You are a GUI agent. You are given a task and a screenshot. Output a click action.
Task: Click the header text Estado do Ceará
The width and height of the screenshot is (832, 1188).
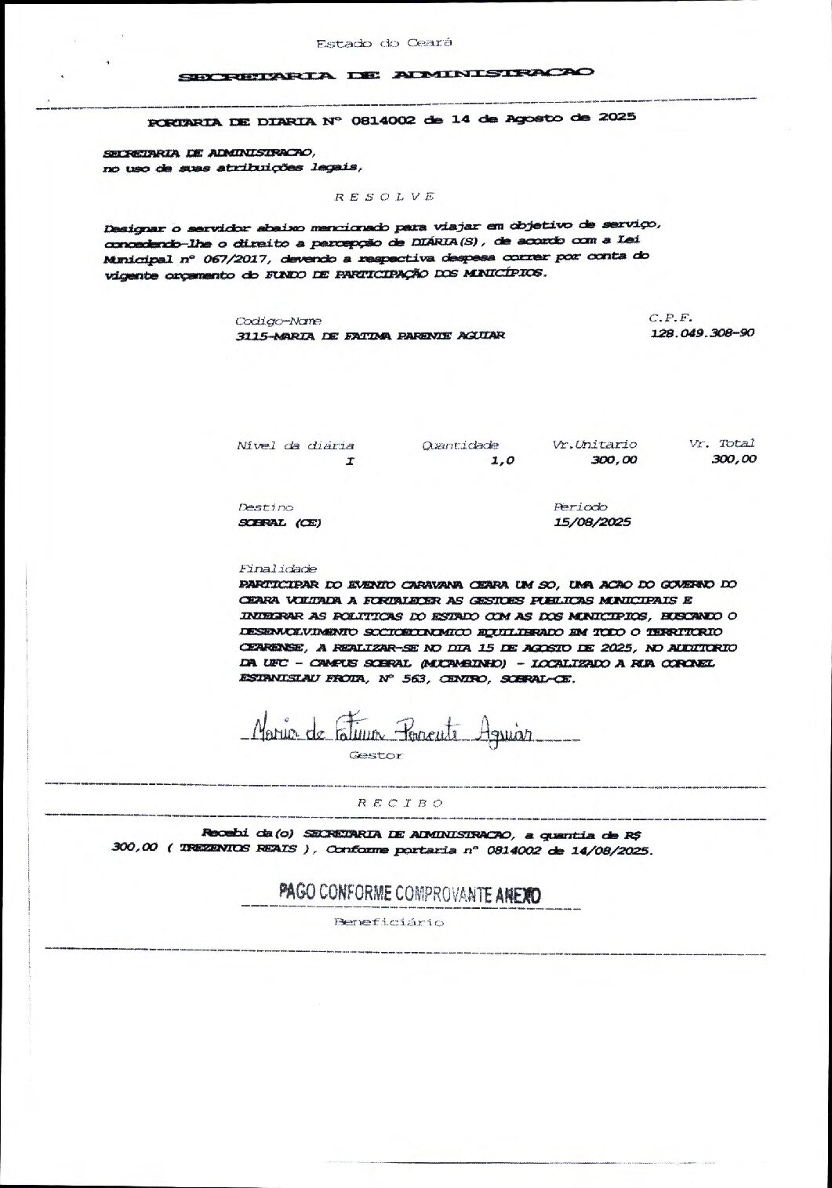tap(384, 43)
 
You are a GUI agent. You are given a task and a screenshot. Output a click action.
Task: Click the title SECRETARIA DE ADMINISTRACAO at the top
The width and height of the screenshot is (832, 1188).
tap(386, 75)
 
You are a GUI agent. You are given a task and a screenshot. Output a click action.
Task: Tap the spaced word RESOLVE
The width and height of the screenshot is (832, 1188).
tap(384, 196)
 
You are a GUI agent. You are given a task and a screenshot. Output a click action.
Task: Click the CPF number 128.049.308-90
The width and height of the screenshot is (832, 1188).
tap(703, 333)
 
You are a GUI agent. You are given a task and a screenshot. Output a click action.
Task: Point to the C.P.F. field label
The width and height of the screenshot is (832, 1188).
tap(670, 318)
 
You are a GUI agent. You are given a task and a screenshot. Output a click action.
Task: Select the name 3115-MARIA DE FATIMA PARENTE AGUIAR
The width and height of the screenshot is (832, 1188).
tap(370, 336)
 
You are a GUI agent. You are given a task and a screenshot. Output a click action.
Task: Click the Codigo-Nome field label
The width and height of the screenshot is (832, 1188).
tap(278, 322)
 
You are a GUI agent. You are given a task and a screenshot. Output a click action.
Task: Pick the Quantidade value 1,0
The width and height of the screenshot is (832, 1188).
tap(502, 461)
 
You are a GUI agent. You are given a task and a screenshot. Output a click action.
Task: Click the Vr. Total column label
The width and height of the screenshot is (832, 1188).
tap(721, 444)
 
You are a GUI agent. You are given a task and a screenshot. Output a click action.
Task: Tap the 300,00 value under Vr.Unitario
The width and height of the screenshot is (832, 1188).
tap(614, 460)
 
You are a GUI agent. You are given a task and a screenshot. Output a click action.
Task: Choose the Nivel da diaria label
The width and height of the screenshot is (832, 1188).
tap(296, 445)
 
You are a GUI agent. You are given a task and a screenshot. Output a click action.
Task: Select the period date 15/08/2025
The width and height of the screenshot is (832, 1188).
tap(592, 522)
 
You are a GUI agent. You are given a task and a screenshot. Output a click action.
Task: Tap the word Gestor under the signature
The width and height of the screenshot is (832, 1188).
tap(376, 756)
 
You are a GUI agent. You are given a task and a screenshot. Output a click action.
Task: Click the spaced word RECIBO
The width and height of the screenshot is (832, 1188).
tap(401, 803)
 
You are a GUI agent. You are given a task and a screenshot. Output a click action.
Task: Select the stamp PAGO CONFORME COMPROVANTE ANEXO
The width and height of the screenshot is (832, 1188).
tap(409, 894)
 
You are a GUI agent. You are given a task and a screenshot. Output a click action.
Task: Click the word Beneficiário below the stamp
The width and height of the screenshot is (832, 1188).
tap(389, 922)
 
